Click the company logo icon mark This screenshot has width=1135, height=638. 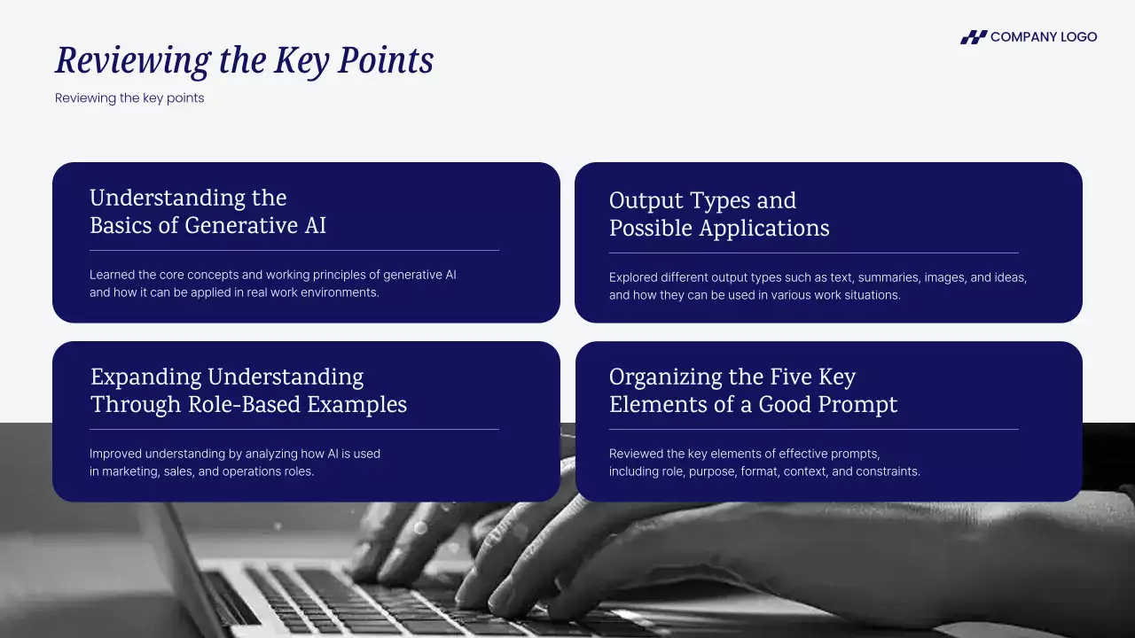click(974, 37)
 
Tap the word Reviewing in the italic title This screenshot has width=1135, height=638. click(133, 61)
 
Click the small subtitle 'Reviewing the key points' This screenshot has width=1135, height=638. click(129, 97)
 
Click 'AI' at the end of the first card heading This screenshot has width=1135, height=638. click(315, 225)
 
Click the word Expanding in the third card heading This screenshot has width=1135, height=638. click(146, 377)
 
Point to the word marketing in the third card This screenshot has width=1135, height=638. click(130, 471)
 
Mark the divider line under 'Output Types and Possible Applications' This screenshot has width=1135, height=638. click(814, 253)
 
